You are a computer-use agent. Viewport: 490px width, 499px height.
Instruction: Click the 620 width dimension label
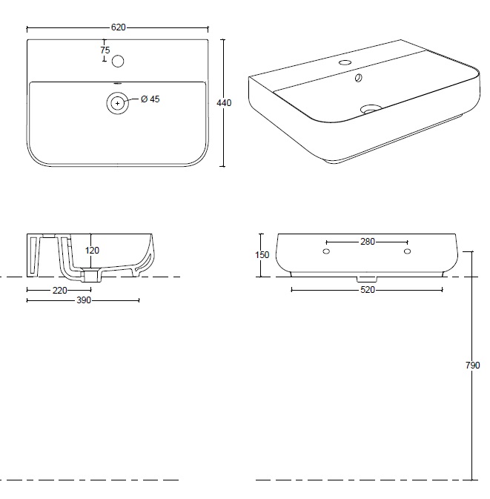pyautogui.click(x=119, y=27)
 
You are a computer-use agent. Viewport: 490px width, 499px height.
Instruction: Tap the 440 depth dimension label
pyautogui.click(x=224, y=103)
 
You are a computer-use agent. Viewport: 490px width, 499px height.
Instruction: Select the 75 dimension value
pyautogui.click(x=105, y=50)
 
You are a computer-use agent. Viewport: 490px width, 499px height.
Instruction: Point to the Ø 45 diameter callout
pyautogui.click(x=150, y=99)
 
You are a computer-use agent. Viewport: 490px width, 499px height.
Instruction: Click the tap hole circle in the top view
pyautogui.click(x=118, y=61)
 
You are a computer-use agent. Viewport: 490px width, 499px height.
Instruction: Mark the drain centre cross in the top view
pyautogui.click(x=118, y=103)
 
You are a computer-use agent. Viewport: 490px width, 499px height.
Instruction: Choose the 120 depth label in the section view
pyautogui.click(x=92, y=251)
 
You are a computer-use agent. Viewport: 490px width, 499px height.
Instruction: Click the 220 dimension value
pyautogui.click(x=60, y=290)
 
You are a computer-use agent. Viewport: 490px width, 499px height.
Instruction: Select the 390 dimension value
pyautogui.click(x=84, y=300)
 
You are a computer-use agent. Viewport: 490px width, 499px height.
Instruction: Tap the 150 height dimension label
pyautogui.click(x=262, y=255)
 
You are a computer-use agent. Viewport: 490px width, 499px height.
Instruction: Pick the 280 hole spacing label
pyautogui.click(x=368, y=242)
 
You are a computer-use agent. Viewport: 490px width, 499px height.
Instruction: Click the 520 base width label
pyautogui.click(x=368, y=290)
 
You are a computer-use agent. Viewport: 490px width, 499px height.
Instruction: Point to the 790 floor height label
pyautogui.click(x=472, y=366)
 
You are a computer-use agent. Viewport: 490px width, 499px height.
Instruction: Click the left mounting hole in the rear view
pyautogui.click(x=326, y=251)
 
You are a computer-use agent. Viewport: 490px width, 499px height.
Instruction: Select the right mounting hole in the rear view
pyautogui.click(x=407, y=251)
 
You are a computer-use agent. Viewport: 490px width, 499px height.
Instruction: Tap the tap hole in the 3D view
pyautogui.click(x=345, y=62)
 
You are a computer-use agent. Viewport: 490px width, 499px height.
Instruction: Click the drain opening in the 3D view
pyautogui.click(x=371, y=110)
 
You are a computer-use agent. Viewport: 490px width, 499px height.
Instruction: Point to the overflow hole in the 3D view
pyautogui.click(x=358, y=78)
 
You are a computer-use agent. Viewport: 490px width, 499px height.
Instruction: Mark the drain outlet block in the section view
pyautogui.click(x=92, y=275)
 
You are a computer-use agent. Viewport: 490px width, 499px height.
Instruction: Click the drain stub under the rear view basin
pyautogui.click(x=367, y=280)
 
